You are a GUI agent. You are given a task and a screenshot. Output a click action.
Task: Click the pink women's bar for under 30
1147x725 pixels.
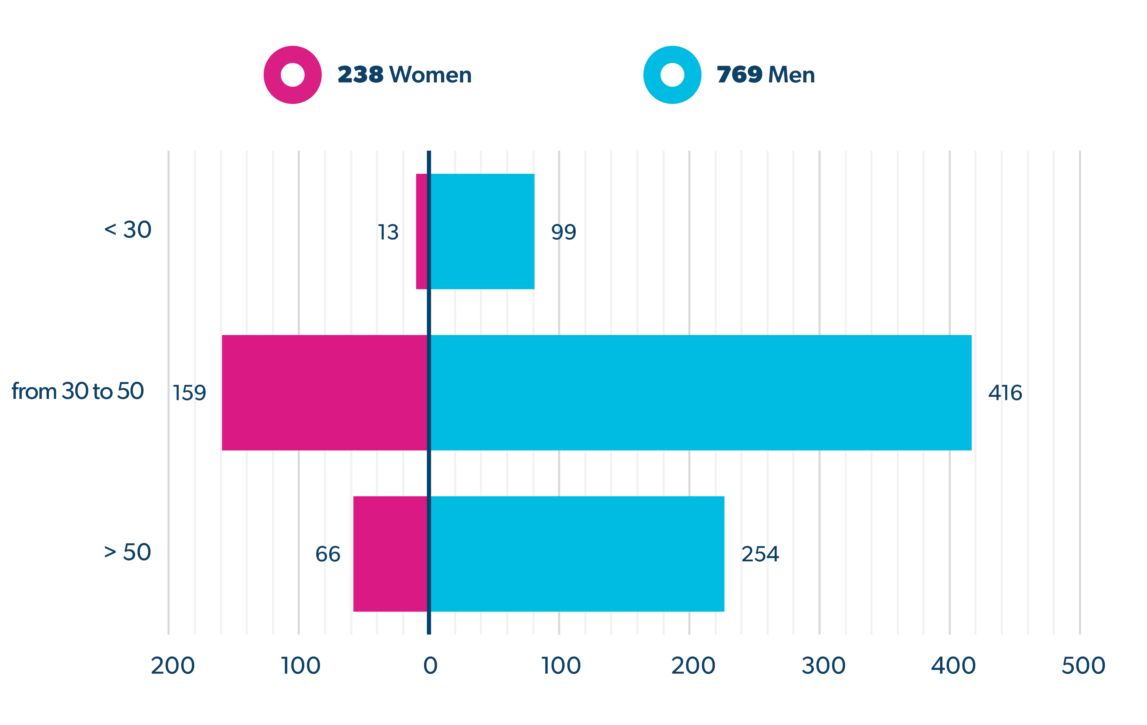point(422,231)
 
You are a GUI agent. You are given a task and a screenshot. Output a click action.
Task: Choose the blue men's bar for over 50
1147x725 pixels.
point(577,554)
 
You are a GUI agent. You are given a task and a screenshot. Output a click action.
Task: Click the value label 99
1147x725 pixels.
point(563,232)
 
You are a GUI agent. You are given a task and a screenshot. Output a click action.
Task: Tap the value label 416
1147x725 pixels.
point(1005,393)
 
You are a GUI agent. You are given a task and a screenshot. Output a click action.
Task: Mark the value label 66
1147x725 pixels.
point(328,554)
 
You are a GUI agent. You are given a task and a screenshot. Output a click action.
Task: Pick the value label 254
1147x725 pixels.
point(760,554)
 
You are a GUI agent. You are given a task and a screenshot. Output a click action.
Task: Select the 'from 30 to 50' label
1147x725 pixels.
point(78,391)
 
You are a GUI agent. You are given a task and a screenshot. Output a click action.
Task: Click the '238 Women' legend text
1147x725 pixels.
point(404,75)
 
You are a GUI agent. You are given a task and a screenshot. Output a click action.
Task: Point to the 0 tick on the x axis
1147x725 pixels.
point(430,666)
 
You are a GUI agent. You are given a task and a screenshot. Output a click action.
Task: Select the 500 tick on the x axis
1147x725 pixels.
point(1083,666)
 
